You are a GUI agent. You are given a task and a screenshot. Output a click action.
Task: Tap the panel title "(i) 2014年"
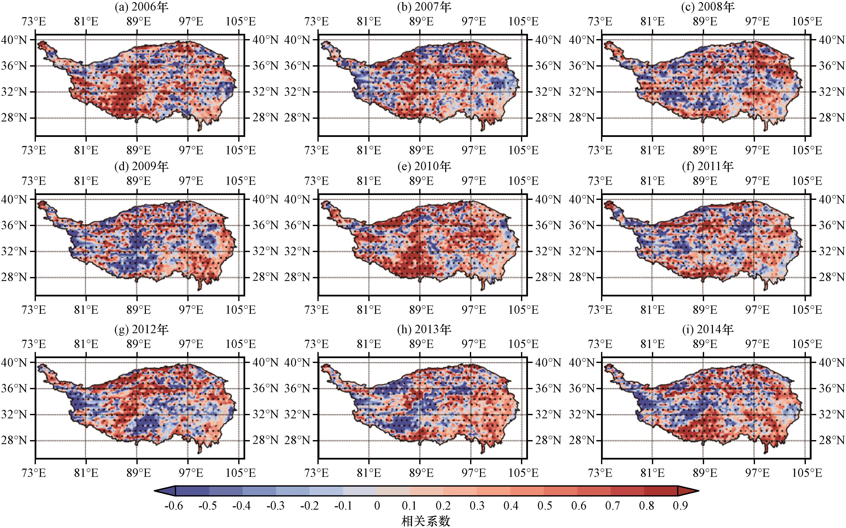[x=708, y=330]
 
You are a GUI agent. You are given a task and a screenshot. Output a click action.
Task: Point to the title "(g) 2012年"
[x=141, y=330]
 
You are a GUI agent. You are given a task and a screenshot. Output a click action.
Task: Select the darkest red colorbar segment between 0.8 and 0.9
[x=661, y=491]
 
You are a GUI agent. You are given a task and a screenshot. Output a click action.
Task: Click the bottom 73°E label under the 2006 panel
[x=34, y=150]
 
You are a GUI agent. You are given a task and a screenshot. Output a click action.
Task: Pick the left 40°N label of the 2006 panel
[x=14, y=40]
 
